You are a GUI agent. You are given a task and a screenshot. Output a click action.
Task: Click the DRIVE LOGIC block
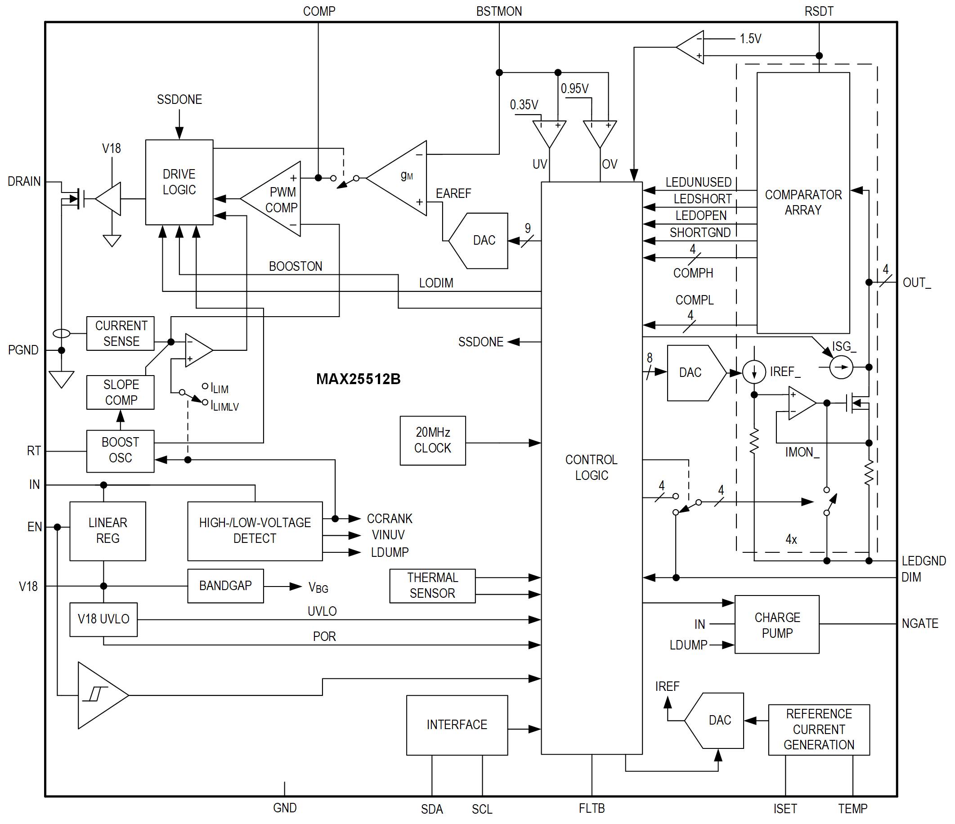click(x=179, y=182)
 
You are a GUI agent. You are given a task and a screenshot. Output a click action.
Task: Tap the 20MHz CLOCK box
click(x=432, y=441)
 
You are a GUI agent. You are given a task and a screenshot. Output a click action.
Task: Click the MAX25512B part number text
click(x=358, y=379)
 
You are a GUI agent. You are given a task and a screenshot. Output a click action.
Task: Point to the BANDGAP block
click(x=225, y=586)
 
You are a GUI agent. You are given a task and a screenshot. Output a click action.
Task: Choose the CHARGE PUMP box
click(x=776, y=624)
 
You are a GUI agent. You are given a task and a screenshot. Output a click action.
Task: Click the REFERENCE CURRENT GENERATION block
click(x=819, y=729)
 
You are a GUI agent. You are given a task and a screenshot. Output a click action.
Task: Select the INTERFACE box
click(x=457, y=725)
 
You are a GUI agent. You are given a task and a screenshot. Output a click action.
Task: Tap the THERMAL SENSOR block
click(x=432, y=586)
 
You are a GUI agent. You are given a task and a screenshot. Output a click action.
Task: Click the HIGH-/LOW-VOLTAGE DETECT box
click(x=255, y=531)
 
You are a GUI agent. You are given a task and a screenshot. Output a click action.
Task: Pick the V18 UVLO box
click(x=103, y=619)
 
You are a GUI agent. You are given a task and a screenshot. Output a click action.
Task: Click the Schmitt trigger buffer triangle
click(x=99, y=695)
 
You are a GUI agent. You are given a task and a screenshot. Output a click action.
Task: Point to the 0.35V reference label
click(x=524, y=105)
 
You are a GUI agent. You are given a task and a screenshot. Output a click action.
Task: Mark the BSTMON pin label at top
click(x=499, y=11)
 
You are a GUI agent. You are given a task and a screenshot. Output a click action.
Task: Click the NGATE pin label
click(x=919, y=623)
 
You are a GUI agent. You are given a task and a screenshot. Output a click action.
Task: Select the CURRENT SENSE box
click(x=120, y=333)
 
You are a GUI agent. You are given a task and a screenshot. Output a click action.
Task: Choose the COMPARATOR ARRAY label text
click(x=803, y=202)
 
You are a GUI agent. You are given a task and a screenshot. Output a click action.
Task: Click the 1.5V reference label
click(x=750, y=39)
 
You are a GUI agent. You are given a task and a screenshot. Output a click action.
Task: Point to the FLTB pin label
click(x=592, y=808)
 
